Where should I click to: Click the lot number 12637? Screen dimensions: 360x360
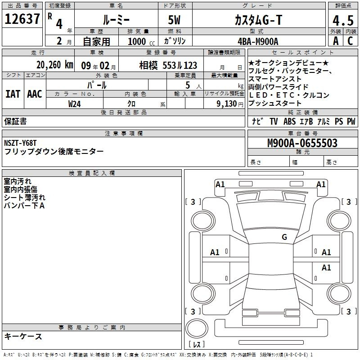[22, 19]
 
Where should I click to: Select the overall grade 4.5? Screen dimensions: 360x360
[343, 20]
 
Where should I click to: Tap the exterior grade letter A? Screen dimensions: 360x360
[336, 41]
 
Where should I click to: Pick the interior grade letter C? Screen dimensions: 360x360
[350, 41]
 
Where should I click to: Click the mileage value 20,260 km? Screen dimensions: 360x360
[55, 65]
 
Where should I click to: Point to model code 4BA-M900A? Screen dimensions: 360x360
[258, 41]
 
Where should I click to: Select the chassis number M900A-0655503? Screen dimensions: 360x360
[302, 143]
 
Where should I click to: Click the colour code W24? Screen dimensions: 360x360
[74, 104]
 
